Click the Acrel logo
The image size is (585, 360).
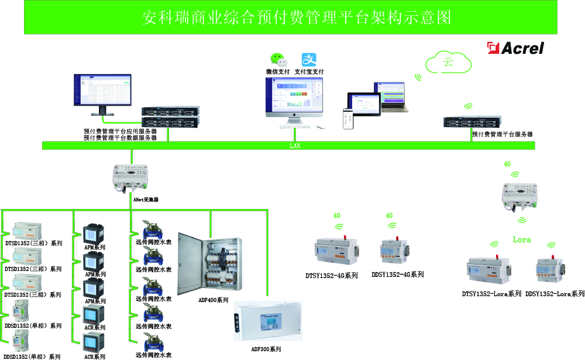[517, 48]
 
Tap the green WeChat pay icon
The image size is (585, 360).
[278, 59]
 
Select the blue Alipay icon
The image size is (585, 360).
[309, 59]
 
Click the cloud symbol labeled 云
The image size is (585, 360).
[449, 62]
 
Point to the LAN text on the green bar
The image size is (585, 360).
[295, 146]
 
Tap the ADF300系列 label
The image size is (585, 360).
[266, 349]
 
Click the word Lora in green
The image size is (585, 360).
[522, 239]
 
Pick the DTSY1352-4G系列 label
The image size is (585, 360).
[331, 275]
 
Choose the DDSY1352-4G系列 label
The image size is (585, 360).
[398, 275]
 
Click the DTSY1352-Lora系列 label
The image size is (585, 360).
[491, 294]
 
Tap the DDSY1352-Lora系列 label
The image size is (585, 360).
[555, 294]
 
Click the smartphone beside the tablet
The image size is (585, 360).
[347, 118]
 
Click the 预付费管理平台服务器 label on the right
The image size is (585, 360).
[503, 134]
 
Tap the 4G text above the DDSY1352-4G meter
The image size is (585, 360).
[389, 216]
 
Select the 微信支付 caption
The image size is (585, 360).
[278, 71]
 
